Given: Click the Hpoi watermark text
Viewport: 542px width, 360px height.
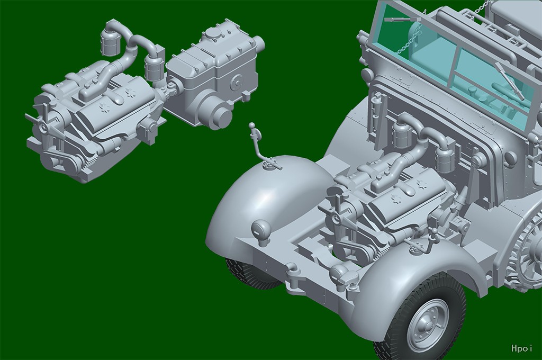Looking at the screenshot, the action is pyautogui.click(x=521, y=348).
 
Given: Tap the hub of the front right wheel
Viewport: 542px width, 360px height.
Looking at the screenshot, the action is pyautogui.click(x=428, y=325).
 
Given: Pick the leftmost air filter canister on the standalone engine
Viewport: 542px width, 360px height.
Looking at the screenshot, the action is pyautogui.click(x=110, y=42).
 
